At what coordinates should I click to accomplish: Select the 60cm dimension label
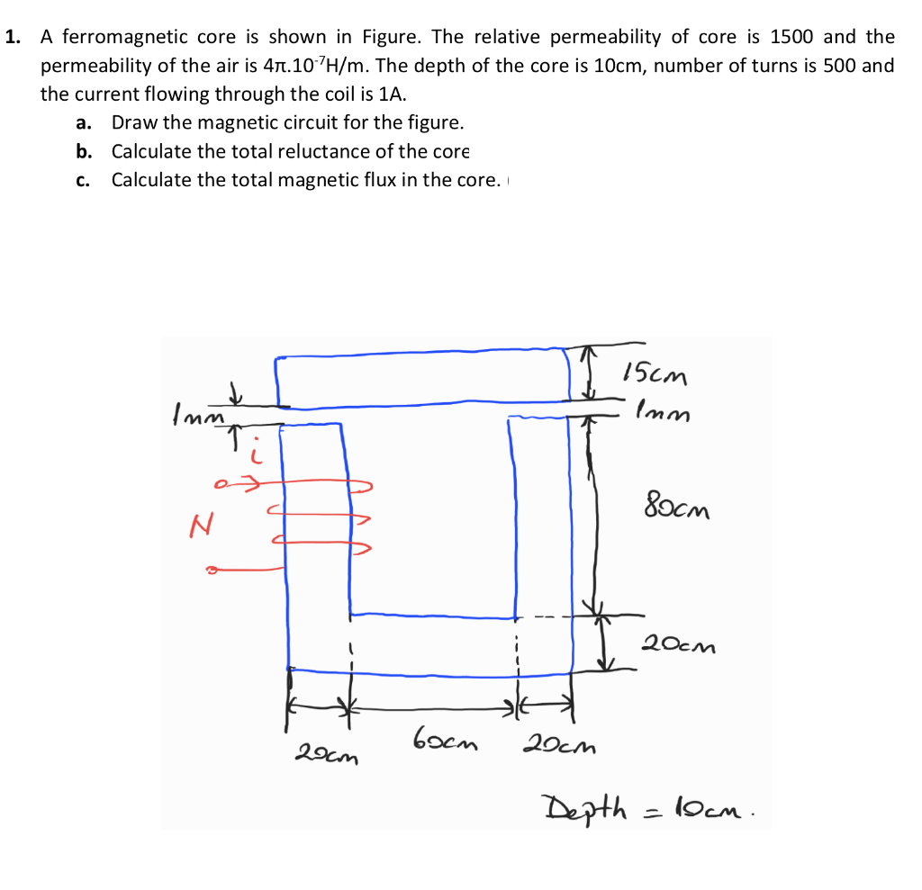[445, 744]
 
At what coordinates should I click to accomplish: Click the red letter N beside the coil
[201, 525]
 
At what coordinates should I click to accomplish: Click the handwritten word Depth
[582, 805]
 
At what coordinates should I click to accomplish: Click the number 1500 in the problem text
[792, 38]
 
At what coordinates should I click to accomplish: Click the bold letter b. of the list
[85, 151]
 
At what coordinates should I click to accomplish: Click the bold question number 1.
[12, 38]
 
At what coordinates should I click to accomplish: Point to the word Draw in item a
[131, 122]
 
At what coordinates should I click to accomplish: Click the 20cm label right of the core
[676, 645]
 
